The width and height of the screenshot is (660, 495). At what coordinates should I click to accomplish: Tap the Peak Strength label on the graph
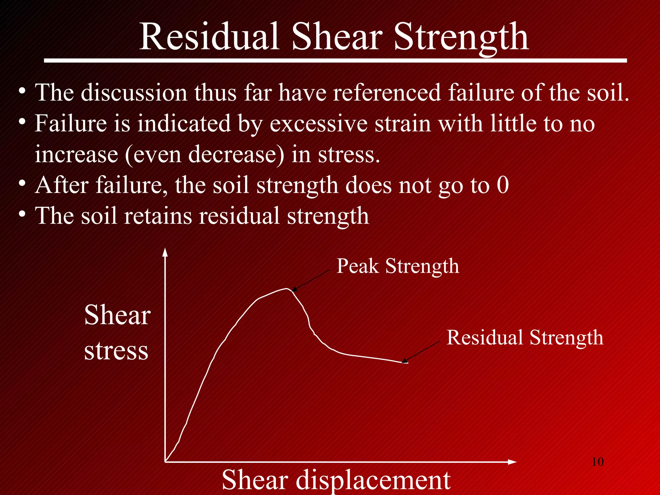(398, 266)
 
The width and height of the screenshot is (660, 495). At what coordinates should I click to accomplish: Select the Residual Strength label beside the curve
(525, 337)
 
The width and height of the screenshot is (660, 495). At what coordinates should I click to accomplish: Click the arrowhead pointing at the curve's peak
(294, 290)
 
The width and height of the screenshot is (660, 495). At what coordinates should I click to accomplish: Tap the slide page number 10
(597, 462)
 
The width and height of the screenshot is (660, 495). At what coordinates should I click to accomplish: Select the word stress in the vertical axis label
(116, 351)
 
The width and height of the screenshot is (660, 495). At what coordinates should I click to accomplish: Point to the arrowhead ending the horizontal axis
(513, 462)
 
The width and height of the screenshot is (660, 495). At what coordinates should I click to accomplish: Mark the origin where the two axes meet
(165, 462)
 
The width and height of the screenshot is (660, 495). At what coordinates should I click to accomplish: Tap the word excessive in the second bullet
(318, 123)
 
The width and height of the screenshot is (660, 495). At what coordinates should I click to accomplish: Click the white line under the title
(335, 61)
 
